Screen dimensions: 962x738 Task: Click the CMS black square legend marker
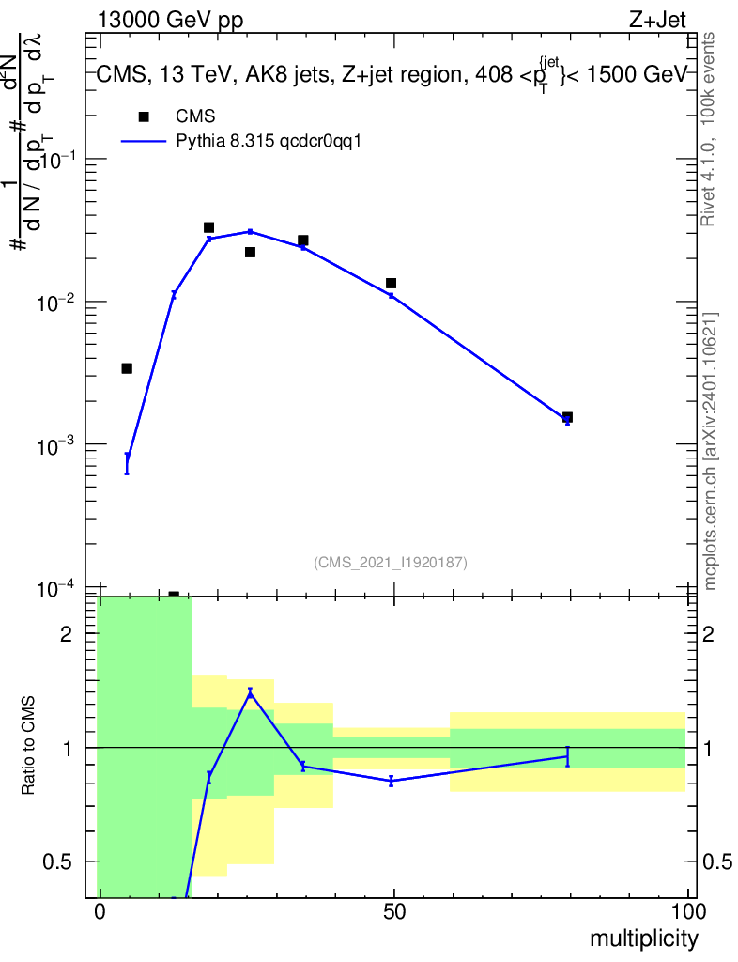click(144, 116)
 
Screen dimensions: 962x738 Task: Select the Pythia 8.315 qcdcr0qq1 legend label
click(269, 142)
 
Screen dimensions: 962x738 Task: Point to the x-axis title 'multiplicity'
click(644, 938)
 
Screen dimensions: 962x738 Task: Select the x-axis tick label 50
click(394, 911)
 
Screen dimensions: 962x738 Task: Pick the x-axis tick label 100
click(688, 911)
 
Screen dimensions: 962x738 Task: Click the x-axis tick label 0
click(100, 911)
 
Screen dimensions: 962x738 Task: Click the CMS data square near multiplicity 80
click(567, 417)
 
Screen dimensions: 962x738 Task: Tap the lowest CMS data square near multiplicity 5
click(127, 368)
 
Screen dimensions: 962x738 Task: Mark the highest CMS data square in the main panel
click(208, 227)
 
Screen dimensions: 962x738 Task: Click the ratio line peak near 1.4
click(250, 692)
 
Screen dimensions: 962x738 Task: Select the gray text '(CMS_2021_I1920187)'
click(391, 562)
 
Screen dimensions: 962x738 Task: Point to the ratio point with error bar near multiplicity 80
click(567, 756)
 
